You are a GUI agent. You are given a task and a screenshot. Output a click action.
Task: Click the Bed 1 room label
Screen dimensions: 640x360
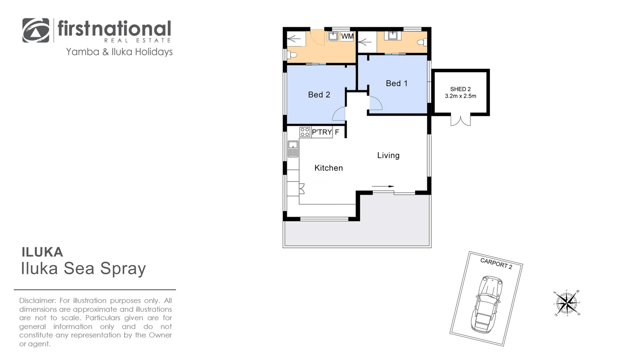tap(397, 83)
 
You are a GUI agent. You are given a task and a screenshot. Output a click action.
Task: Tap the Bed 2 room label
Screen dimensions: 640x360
tap(319, 95)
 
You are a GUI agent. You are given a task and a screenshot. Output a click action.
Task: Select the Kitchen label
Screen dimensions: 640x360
tap(329, 168)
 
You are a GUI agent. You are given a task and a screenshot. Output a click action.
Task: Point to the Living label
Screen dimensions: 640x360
tap(388, 155)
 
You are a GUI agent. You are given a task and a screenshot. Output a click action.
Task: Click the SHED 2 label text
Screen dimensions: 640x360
tap(460, 89)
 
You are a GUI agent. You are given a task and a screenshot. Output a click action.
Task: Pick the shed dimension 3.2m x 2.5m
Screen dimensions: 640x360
tap(460, 96)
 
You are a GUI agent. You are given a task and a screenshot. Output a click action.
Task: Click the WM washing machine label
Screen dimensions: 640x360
tap(347, 36)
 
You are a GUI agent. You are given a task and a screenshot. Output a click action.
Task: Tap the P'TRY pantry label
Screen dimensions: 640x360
tap(322, 132)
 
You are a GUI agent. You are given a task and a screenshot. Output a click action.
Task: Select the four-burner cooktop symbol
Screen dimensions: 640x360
tap(305, 132)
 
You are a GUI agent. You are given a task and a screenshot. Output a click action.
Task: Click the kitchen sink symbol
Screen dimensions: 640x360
tap(293, 149)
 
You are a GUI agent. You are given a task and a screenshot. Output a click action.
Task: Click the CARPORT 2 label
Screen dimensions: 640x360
tap(496, 263)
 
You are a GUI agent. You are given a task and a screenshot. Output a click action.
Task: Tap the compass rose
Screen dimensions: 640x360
tap(567, 303)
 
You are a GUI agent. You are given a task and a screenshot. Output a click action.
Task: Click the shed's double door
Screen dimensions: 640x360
tap(461, 120)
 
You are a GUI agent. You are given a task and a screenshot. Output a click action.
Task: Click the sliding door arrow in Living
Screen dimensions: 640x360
tap(383, 186)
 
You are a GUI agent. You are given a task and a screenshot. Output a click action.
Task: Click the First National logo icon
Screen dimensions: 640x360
tap(36, 30)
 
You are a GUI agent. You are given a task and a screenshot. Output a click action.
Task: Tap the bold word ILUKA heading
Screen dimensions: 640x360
tap(42, 252)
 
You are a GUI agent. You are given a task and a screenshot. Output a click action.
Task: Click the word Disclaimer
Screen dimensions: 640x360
tap(37, 301)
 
